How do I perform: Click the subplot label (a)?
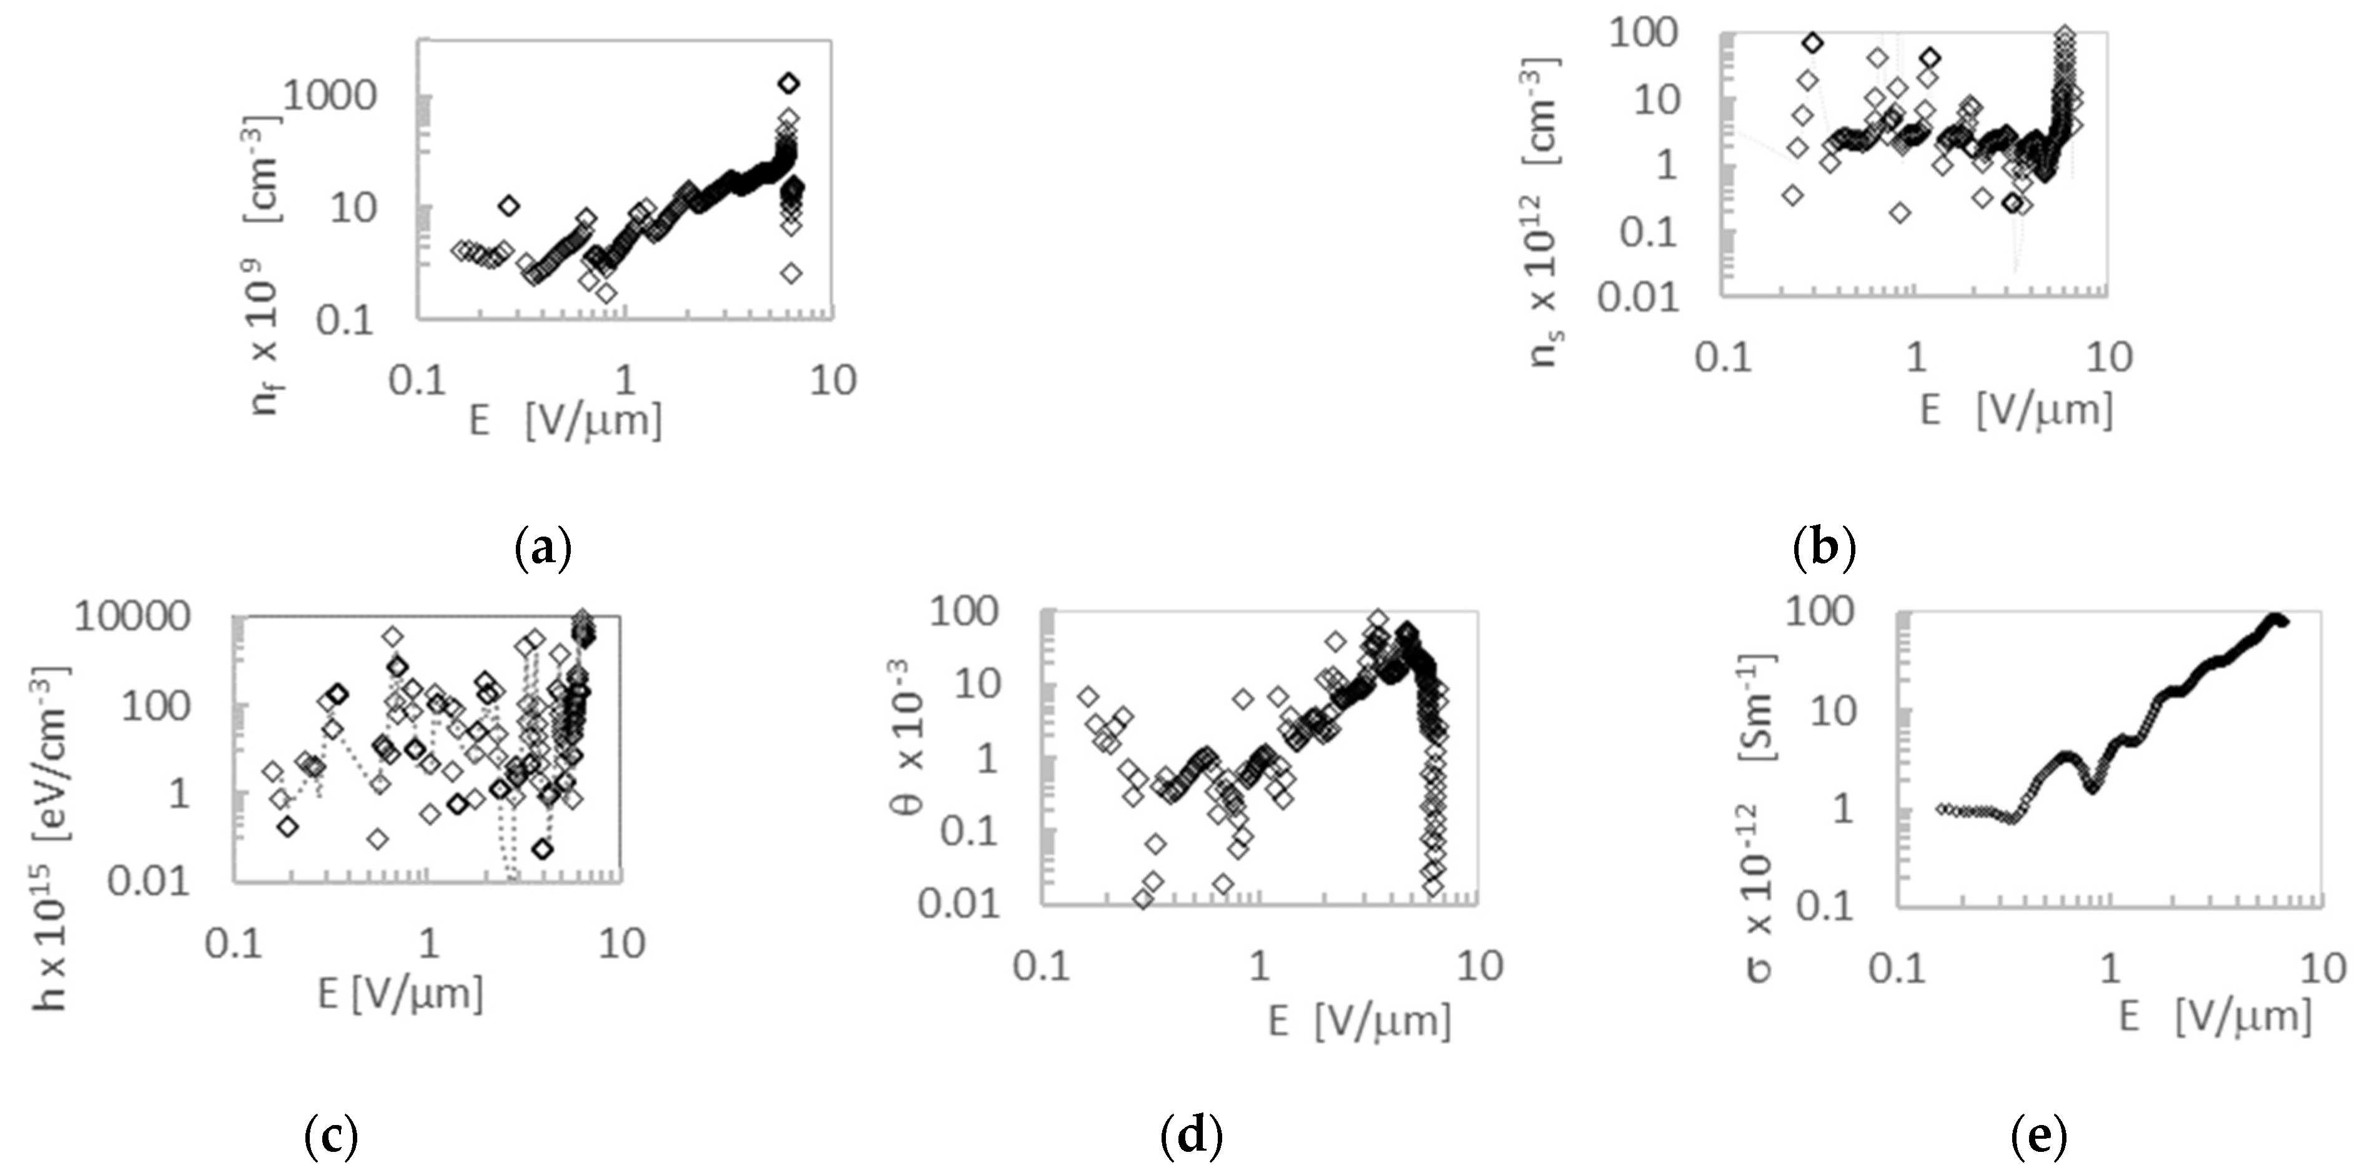coord(543,550)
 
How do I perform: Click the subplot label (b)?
coord(1823,550)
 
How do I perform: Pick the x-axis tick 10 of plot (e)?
coord(2323,968)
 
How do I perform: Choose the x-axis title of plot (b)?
coord(2015,410)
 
